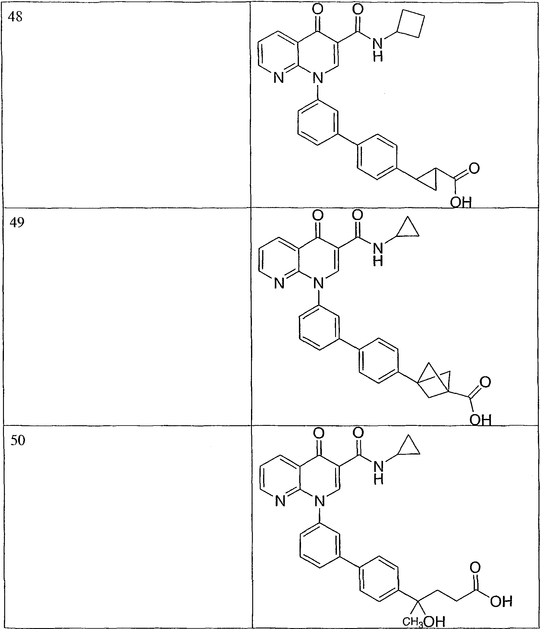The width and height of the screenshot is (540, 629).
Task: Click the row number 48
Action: pyautogui.click(x=15, y=17)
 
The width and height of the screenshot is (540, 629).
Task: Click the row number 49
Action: pyautogui.click(x=17, y=223)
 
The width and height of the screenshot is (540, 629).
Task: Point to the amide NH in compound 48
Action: pyautogui.click(x=378, y=50)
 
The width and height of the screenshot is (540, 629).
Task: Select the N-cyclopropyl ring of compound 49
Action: pyautogui.click(x=408, y=228)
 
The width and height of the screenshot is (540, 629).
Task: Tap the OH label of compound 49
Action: pyautogui.click(x=480, y=420)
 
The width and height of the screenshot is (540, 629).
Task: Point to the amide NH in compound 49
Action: pyautogui.click(x=378, y=255)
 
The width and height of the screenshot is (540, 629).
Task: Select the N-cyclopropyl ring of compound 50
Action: pyautogui.click(x=410, y=446)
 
